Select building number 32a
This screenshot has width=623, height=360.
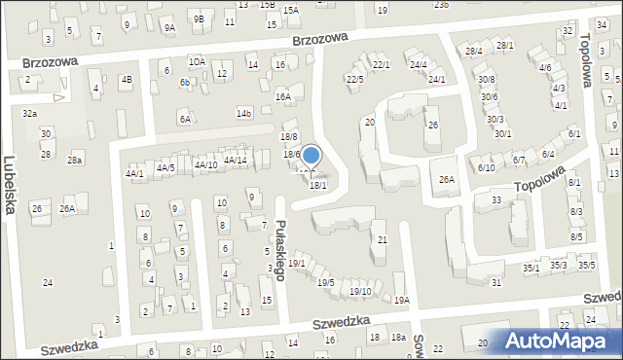[x=30, y=113]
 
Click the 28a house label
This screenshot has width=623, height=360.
[x=75, y=160]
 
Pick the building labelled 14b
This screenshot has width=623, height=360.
[x=244, y=114]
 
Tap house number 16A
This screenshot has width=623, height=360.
[x=283, y=96]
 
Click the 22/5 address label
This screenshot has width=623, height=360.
[x=355, y=79]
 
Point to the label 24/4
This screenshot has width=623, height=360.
[x=419, y=65]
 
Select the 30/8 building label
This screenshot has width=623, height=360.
[x=487, y=79]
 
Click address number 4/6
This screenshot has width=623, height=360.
[x=546, y=68]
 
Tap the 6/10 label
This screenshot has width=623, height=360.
[x=487, y=167]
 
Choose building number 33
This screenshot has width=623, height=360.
[x=495, y=199]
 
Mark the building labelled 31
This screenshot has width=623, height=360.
[x=496, y=282]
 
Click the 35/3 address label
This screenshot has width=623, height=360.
[x=558, y=265]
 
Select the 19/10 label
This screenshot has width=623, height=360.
[x=360, y=291]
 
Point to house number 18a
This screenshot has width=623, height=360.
[x=398, y=337]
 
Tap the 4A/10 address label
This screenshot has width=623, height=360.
[x=204, y=164]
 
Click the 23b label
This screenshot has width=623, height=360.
[x=442, y=5]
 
